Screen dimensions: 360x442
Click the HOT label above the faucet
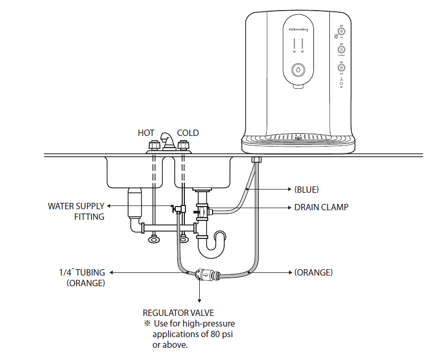(146, 133)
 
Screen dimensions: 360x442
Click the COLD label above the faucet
(188, 133)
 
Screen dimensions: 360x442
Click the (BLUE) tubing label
(307, 189)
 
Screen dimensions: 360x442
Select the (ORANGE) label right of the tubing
(313, 272)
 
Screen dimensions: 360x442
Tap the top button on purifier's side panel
(342, 31)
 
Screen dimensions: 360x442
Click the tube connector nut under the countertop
(256, 159)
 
